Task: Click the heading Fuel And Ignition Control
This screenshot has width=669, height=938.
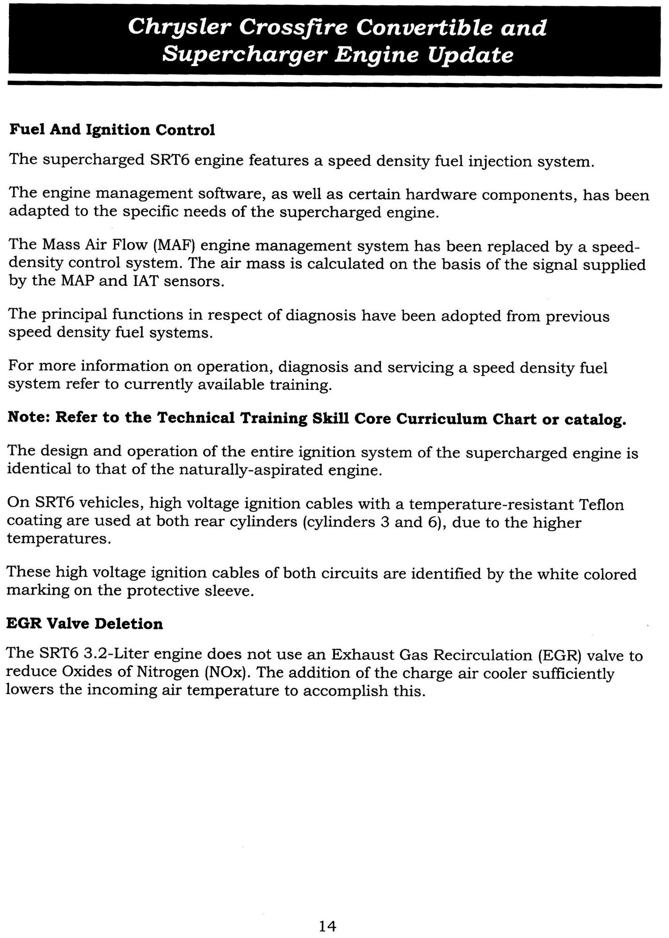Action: point(112,130)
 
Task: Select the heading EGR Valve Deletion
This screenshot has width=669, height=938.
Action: point(84,624)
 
